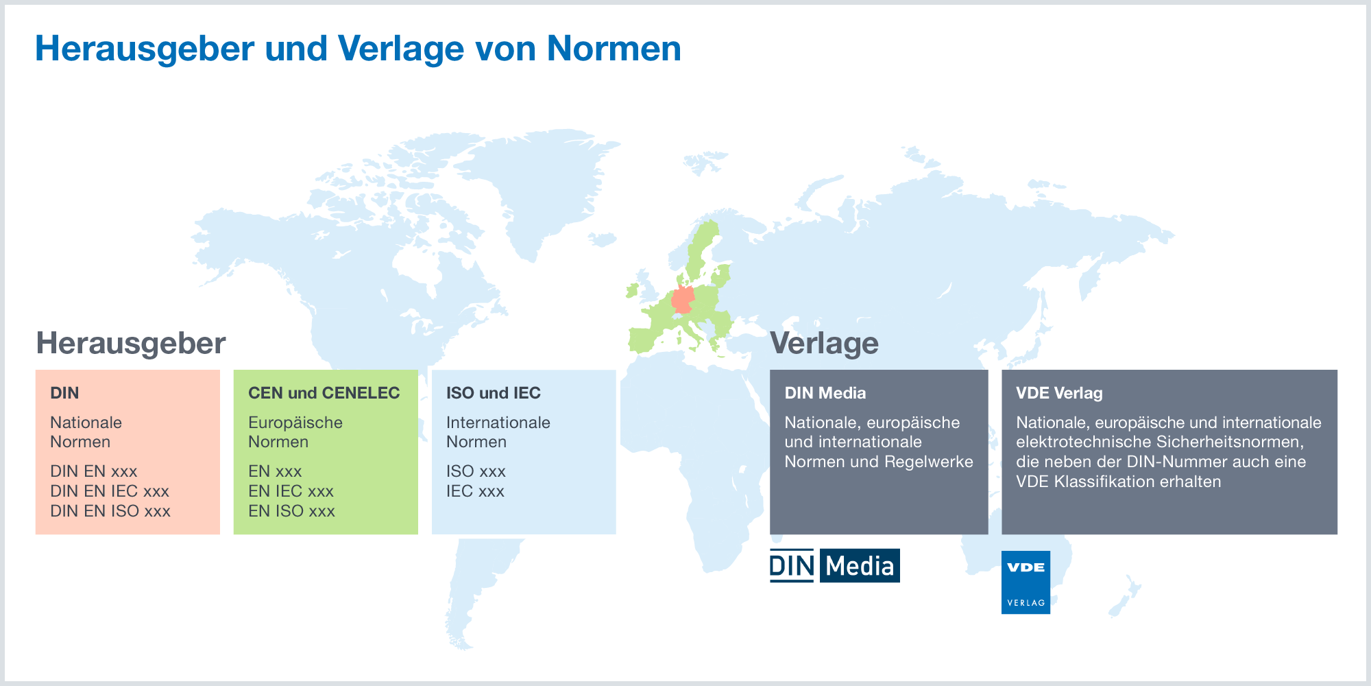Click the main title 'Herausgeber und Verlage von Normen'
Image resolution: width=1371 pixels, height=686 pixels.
(x=358, y=49)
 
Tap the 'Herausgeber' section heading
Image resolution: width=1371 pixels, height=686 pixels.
(x=131, y=343)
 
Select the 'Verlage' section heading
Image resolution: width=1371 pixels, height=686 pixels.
(x=824, y=343)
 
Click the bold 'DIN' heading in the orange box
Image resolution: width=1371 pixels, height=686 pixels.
(x=64, y=393)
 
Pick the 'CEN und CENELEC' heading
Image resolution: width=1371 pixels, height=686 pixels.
(x=324, y=393)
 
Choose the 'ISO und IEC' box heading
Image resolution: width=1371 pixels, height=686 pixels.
(x=494, y=393)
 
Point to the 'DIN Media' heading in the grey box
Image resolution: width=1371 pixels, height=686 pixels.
(x=825, y=393)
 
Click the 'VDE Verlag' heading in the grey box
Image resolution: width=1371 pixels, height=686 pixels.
(x=1059, y=393)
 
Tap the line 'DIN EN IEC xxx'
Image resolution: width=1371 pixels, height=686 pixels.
(x=110, y=491)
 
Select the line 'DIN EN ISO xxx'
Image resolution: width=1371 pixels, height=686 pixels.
(x=110, y=511)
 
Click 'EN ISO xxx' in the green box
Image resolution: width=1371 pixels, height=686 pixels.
(x=291, y=511)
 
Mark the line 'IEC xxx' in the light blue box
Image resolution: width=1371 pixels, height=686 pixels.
(x=475, y=491)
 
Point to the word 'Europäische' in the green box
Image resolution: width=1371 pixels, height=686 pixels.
(x=295, y=423)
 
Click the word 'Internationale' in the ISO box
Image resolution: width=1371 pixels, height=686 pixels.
(x=498, y=423)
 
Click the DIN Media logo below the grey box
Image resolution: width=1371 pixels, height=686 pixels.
(x=834, y=566)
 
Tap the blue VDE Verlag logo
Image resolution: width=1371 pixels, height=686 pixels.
(x=1026, y=582)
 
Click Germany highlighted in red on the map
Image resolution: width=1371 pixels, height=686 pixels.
(x=683, y=300)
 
